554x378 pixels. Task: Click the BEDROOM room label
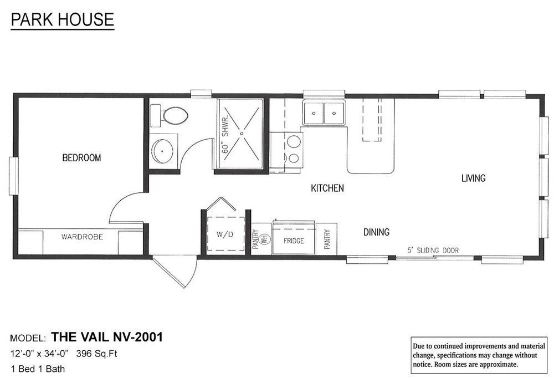tap(81, 157)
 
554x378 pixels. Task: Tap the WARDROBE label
tap(82, 237)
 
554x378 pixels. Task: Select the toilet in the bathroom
tap(170, 115)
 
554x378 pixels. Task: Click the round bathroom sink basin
tap(162, 151)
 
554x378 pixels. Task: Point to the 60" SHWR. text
tap(225, 134)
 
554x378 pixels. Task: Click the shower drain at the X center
tap(242, 134)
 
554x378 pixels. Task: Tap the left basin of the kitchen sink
tap(314, 113)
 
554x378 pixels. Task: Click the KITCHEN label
tap(327, 188)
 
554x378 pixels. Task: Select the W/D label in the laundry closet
tap(225, 234)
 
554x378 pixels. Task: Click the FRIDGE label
tap(294, 241)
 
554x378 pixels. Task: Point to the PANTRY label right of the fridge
tap(327, 239)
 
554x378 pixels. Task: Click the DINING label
tap(377, 232)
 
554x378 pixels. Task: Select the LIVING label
tap(474, 178)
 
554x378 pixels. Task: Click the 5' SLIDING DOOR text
tap(433, 250)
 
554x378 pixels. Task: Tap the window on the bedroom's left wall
tap(14, 176)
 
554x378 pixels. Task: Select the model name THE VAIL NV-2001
tap(107, 337)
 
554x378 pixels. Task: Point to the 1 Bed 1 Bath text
tap(38, 369)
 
